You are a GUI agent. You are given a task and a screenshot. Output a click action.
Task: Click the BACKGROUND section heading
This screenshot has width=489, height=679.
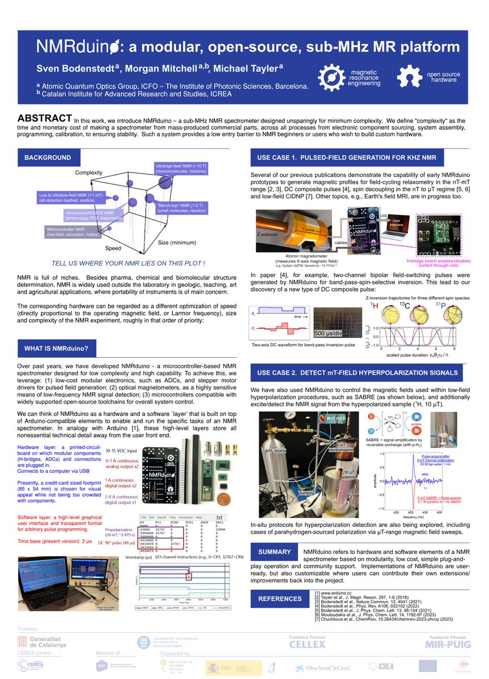pos(47,158)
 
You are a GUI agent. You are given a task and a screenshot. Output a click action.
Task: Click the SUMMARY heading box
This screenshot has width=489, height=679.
pos(274,552)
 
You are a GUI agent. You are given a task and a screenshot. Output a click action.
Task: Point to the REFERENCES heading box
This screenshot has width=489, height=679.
pos(280,599)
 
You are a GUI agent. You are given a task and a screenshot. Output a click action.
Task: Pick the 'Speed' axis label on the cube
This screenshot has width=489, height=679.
pos(113,248)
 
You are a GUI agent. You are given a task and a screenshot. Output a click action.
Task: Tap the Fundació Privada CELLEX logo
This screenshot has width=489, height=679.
pos(307,641)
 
